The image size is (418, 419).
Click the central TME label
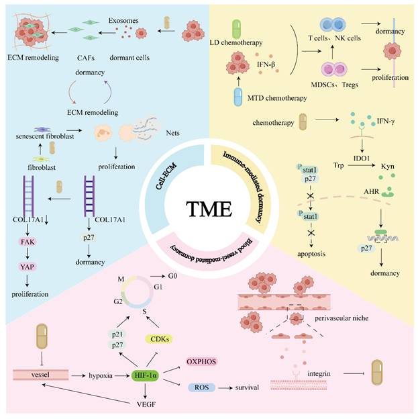pos(209,209)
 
